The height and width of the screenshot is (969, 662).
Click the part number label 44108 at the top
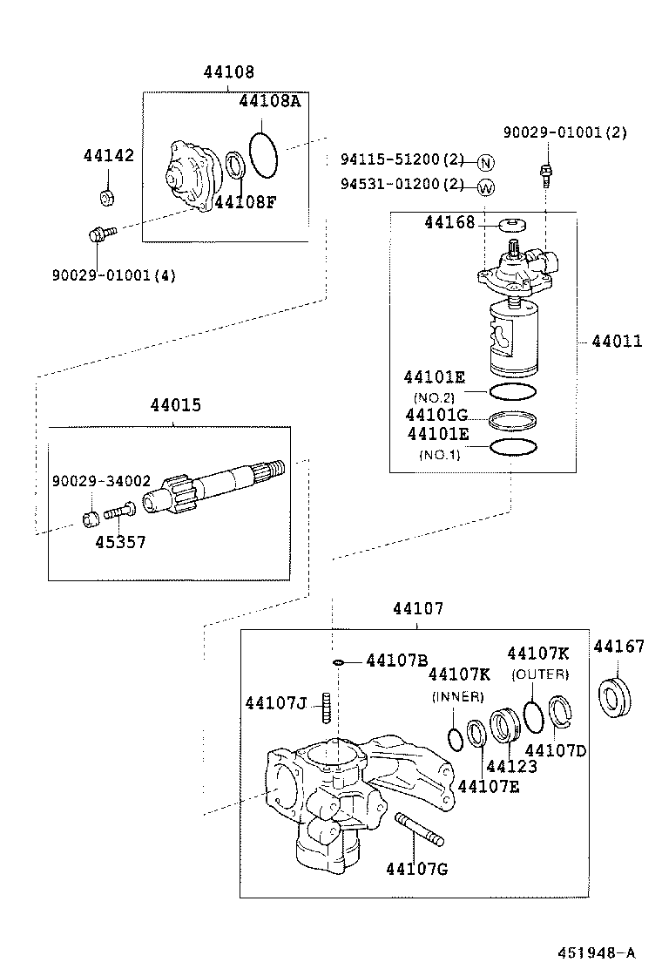click(x=229, y=72)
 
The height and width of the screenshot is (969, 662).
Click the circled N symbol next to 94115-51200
click(x=486, y=162)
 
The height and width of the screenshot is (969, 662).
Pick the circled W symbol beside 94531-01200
click(x=486, y=186)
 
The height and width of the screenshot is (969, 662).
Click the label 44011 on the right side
click(x=617, y=342)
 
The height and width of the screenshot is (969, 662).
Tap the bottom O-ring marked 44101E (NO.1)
click(x=512, y=447)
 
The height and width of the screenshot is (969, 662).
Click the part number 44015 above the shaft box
click(x=175, y=406)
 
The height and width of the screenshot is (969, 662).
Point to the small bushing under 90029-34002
click(x=91, y=520)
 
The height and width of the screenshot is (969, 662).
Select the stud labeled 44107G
click(x=420, y=829)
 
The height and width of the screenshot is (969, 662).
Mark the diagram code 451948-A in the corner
click(x=597, y=951)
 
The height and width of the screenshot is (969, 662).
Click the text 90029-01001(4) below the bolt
click(x=113, y=276)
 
